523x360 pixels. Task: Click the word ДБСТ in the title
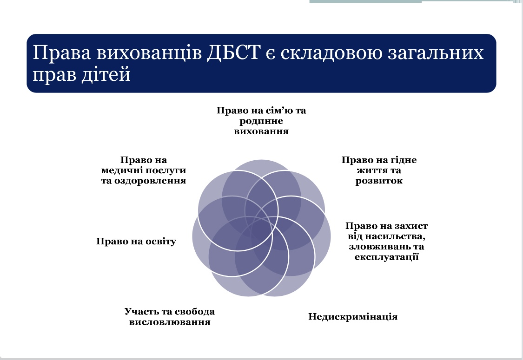[233, 52]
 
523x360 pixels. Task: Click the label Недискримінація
[353, 316]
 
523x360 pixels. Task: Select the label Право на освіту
[136, 241]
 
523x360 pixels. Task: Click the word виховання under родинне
[261, 131]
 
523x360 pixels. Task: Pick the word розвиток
[379, 181]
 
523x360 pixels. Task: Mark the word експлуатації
[387, 257]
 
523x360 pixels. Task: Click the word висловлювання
[170, 322]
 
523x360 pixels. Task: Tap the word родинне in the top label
[261, 121]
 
